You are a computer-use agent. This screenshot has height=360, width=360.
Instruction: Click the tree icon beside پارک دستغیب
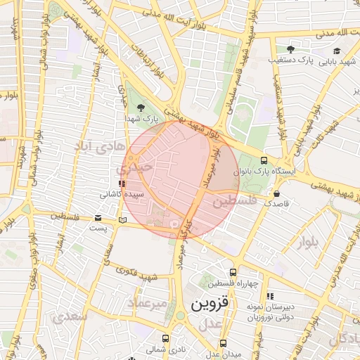click(290, 49)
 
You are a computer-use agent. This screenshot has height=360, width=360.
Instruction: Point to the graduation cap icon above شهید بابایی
click(337, 50)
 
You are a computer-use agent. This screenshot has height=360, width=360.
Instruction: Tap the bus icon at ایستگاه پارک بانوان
click(264, 160)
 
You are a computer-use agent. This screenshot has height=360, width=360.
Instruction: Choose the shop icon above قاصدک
click(276, 193)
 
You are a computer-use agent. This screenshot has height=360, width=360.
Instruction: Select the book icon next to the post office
click(123, 220)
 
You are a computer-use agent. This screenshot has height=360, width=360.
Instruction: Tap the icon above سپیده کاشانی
click(122, 184)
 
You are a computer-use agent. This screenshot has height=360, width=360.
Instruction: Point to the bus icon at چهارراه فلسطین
click(233, 272)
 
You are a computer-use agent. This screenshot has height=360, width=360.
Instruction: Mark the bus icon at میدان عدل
click(223, 343)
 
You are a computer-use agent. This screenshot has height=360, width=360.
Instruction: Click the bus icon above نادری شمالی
click(165, 338)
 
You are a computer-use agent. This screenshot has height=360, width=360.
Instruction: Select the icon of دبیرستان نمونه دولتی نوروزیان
click(271, 296)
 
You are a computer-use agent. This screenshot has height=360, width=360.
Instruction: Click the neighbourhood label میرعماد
click(148, 302)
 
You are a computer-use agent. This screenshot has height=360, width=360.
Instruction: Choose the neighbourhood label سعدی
click(70, 316)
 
